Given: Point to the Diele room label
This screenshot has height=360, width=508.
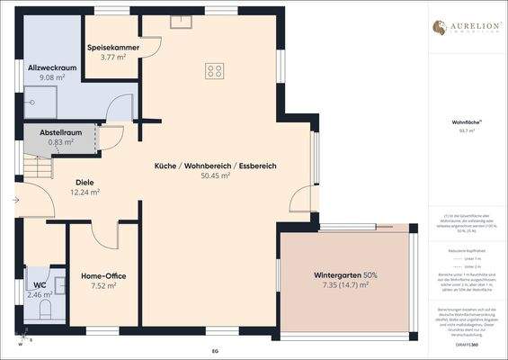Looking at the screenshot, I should pyautogui.click(x=85, y=180).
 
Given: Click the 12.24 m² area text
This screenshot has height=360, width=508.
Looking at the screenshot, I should pyautogui.click(x=85, y=192).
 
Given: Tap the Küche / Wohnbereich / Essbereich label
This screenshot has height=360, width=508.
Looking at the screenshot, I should pyautogui.click(x=215, y=166).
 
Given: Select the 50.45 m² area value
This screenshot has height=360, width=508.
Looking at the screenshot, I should pyautogui.click(x=215, y=176).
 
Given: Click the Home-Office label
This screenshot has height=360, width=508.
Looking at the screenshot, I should pyautogui.click(x=102, y=275).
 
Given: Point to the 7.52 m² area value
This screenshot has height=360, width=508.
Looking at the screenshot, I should pyautogui.click(x=102, y=287).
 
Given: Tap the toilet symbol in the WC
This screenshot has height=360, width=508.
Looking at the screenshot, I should pyautogui.click(x=47, y=310).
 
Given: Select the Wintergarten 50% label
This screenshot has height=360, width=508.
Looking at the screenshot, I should pyautogui.click(x=345, y=274).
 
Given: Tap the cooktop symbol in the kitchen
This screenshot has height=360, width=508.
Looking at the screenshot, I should pyautogui.click(x=215, y=70).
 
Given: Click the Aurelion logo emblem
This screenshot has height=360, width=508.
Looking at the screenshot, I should pyautogui.click(x=440, y=28).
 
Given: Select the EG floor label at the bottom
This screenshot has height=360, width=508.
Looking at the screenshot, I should pyautogui.click(x=214, y=348).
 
